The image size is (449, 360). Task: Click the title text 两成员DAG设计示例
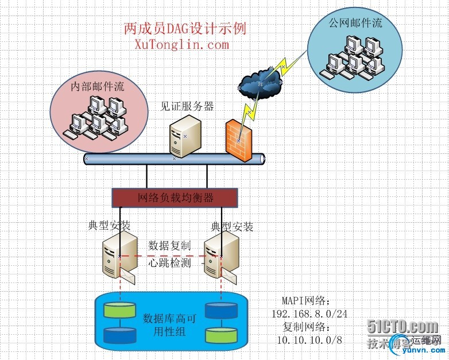(x=185, y=28)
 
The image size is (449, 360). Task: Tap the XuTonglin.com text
(x=181, y=44)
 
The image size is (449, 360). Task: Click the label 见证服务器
(x=187, y=106)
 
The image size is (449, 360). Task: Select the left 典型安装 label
(x=110, y=226)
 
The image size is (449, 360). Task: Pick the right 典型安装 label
(x=232, y=227)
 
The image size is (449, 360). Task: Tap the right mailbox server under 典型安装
(x=220, y=256)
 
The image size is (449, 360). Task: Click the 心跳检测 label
(x=169, y=263)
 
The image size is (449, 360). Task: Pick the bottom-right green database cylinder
(x=221, y=335)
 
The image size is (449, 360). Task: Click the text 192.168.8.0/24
(x=309, y=314)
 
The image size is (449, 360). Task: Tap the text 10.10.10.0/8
(x=309, y=340)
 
